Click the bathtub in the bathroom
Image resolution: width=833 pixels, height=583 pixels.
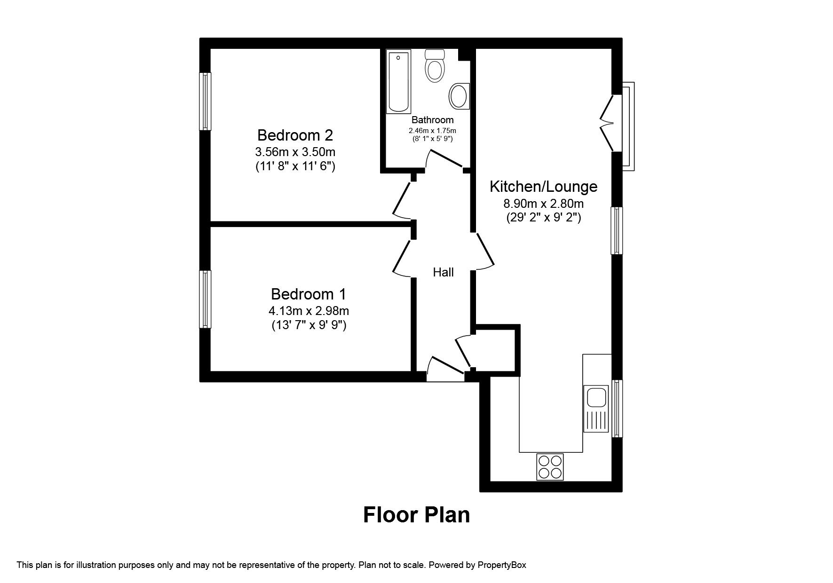click(398, 81)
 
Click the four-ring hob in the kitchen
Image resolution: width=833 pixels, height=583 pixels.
click(550, 466)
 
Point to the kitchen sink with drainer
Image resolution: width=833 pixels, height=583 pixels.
click(595, 408)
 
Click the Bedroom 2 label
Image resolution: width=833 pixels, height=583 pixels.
click(295, 135)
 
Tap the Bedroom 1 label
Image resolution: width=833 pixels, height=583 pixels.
click(309, 294)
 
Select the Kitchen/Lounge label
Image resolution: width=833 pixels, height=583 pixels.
click(543, 187)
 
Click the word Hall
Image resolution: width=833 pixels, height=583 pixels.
click(443, 272)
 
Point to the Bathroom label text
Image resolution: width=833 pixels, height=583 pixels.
click(432, 120)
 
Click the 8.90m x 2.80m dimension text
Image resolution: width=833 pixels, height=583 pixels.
click(543, 204)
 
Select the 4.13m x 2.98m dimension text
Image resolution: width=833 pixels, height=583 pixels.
click(309, 311)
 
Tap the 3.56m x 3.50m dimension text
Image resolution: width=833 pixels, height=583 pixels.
click(295, 152)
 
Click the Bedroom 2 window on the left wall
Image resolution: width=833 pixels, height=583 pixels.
click(205, 101)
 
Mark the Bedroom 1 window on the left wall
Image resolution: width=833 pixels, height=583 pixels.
click(205, 299)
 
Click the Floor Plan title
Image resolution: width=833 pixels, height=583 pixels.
click(416, 515)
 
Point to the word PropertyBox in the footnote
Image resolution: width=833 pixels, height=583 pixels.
click(501, 565)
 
